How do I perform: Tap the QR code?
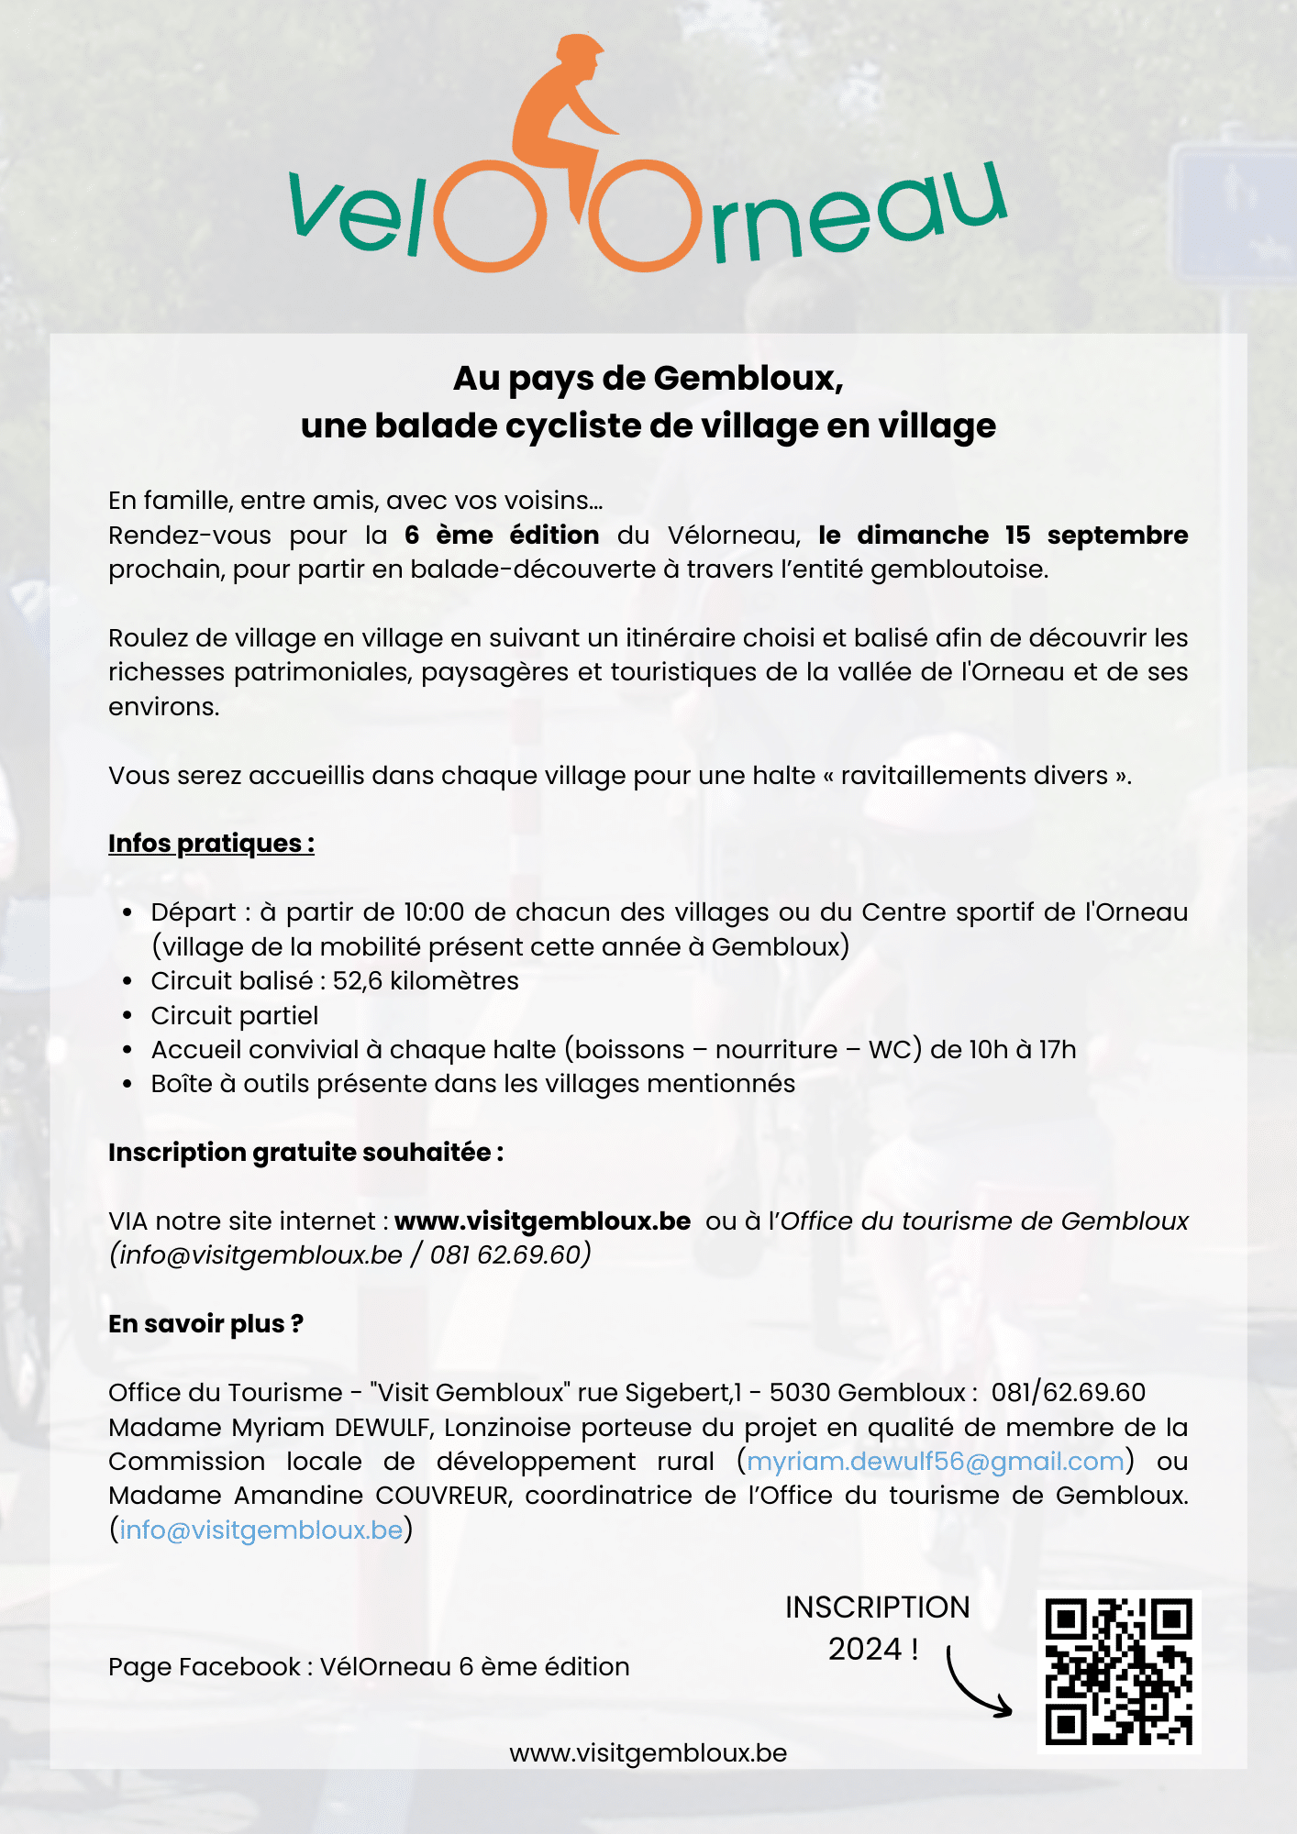tap(1118, 1671)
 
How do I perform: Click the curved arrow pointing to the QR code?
tap(975, 1685)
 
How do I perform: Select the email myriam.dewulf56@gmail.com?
tap(935, 1462)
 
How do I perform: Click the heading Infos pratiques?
tap(211, 844)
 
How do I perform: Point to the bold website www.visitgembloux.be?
tap(542, 1221)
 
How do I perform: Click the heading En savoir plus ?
tap(205, 1324)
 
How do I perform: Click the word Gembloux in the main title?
tap(748, 378)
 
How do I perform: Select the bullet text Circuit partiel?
tap(235, 1016)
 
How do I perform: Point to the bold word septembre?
tap(1117, 535)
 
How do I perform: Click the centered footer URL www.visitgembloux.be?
tap(648, 1753)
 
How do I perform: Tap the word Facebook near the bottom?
tap(239, 1667)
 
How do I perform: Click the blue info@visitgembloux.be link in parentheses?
tap(261, 1530)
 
